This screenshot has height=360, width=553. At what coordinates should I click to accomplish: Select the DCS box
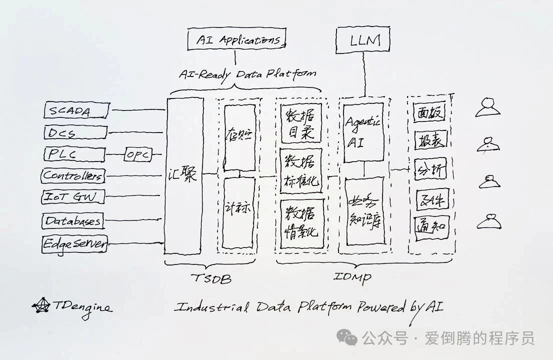pos(75,132)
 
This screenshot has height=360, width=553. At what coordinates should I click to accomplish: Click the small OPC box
pos(137,154)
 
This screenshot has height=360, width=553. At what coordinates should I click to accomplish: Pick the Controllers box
pos(73,175)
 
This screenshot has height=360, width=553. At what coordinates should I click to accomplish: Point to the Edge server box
pos(74,244)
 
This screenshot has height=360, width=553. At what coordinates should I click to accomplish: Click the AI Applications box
pos(236,39)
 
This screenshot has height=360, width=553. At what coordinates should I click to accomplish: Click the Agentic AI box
pos(363,132)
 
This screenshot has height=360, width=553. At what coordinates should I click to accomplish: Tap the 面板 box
pos(430,113)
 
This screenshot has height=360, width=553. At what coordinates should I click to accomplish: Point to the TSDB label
pos(211,278)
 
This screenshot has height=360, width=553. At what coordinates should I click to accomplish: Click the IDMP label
pos(352,276)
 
